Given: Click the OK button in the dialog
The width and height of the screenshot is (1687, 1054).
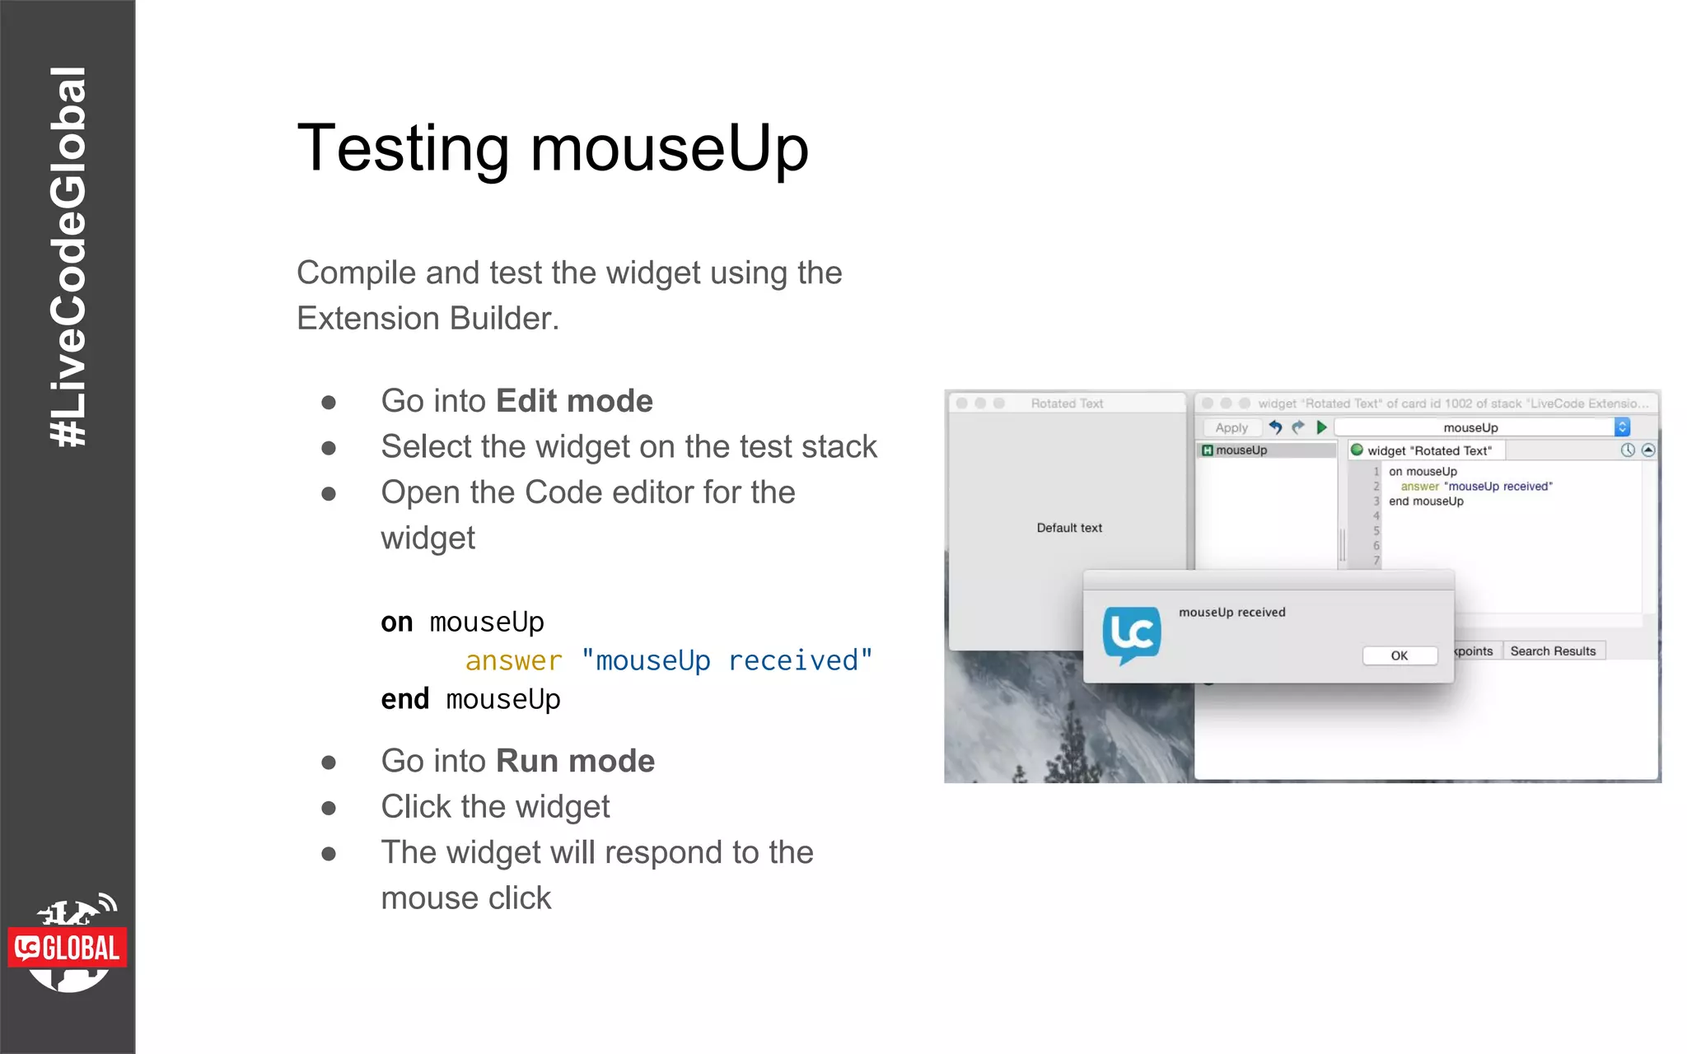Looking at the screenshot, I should click(1400, 655).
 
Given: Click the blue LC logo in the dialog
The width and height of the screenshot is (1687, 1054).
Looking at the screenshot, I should click(1132, 635).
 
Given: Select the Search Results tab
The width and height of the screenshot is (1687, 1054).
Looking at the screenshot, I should click(1553, 651).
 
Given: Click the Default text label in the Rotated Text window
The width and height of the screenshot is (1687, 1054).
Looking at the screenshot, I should click(1068, 528).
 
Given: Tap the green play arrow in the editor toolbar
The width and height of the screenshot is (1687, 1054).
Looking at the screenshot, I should click(1321, 427).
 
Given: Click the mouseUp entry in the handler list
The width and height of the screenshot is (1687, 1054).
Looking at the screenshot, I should click(1241, 450).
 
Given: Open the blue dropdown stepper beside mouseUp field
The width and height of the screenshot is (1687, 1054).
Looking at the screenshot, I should click(1622, 427).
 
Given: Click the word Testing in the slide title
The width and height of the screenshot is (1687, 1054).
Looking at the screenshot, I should click(403, 148).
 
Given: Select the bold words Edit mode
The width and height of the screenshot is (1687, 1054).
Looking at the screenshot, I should click(574, 401).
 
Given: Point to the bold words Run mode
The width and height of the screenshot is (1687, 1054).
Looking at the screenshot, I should click(575, 761).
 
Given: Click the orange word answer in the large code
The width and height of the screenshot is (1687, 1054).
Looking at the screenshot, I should click(513, 660).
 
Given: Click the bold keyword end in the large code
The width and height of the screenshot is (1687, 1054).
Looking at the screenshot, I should click(404, 699).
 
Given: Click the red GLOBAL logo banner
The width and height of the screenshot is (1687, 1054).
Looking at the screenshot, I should click(68, 948).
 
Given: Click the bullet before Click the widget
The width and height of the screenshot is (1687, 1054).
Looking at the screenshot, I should click(329, 808).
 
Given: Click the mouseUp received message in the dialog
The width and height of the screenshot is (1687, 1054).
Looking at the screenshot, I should click(1231, 612).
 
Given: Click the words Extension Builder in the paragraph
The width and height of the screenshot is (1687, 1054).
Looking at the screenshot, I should click(427, 319).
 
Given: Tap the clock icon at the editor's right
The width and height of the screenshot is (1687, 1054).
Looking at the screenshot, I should click(1628, 450).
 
